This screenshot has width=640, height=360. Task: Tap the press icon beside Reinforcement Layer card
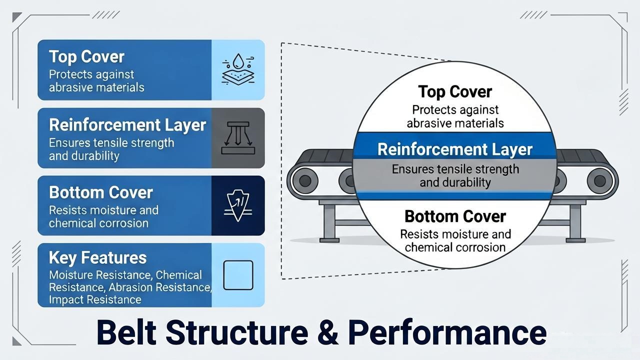point(238,138)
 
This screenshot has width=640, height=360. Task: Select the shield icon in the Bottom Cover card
point(238,205)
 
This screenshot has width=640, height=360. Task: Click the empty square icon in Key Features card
point(238,275)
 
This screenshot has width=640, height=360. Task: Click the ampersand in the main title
point(327,332)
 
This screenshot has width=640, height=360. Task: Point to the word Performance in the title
point(447,332)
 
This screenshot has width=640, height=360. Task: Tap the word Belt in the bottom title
point(126,332)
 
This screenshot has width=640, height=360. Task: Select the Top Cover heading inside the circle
point(455,91)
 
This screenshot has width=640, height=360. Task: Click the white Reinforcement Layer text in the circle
point(455,149)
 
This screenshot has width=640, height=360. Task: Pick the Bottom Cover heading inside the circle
point(455,216)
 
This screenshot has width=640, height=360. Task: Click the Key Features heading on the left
point(97,257)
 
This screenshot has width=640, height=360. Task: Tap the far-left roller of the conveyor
point(304,180)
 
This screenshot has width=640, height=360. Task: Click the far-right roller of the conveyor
point(600,181)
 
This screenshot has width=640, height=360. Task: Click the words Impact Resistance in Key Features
point(95,299)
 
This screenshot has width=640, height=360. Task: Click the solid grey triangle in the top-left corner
point(16,16)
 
